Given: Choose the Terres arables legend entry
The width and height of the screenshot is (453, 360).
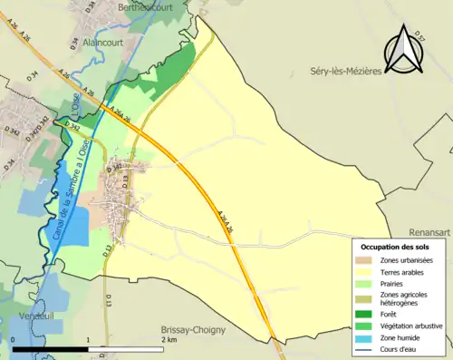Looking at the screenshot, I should [x=405, y=271].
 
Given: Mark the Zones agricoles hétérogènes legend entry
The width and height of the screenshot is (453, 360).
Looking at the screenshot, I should [x=405, y=298].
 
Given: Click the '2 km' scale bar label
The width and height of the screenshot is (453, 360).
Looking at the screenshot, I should [x=169, y=339].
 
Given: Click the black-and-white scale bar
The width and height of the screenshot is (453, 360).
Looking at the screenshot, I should [x=88, y=348].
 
